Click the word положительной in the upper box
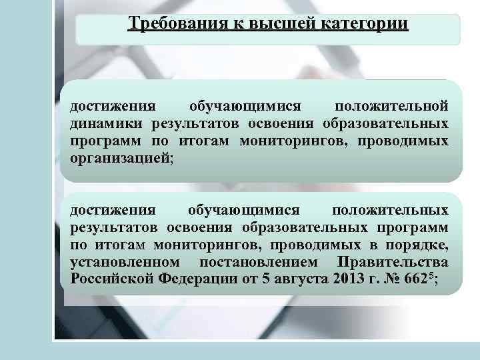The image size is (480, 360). [391, 106]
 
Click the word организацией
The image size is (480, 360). [122, 159]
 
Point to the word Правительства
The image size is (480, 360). [393, 261]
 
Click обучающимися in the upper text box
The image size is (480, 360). [244, 106]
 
